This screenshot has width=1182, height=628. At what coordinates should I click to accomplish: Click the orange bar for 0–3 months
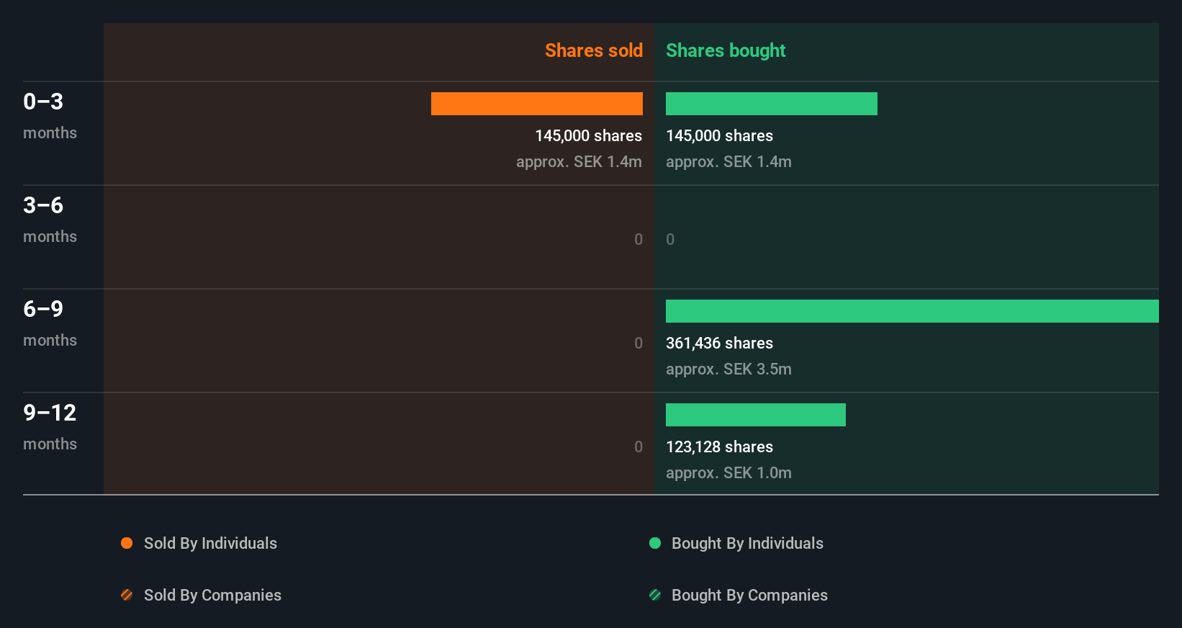pos(536,104)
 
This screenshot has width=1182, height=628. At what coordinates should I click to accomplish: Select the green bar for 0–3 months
pos(771,104)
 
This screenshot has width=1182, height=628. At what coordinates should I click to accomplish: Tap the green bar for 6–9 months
pos(911,311)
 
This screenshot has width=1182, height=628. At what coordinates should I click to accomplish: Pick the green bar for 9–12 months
pos(755,415)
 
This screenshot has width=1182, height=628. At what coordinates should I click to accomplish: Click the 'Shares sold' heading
pos(593,50)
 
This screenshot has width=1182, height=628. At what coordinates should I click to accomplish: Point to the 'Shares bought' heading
pos(725,50)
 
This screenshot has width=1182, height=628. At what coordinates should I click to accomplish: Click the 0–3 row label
pos(43,102)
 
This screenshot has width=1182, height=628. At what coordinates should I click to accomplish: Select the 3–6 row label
pos(43,205)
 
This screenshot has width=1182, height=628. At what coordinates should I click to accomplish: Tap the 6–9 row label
pos(43,309)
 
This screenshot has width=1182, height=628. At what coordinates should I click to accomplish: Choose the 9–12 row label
pos(50,413)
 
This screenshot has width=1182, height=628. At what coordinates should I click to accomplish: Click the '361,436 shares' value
pos(719,344)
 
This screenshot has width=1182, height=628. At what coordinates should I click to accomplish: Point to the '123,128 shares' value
pos(719,447)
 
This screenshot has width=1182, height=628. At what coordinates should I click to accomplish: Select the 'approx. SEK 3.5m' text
pos(728,369)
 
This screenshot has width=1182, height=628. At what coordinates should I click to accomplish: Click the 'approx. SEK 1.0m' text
pos(728,473)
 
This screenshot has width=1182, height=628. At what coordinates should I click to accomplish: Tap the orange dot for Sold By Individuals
pos(127,543)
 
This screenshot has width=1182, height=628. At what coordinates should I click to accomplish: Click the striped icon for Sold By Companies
pos(127,595)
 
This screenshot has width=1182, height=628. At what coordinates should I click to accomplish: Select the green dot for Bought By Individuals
pos(655,543)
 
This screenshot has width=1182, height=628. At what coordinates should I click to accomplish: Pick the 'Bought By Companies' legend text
pos(749,596)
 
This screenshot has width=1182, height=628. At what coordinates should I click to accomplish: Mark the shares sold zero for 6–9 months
pos(639,344)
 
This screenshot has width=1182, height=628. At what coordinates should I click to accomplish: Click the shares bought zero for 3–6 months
pos(670,240)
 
